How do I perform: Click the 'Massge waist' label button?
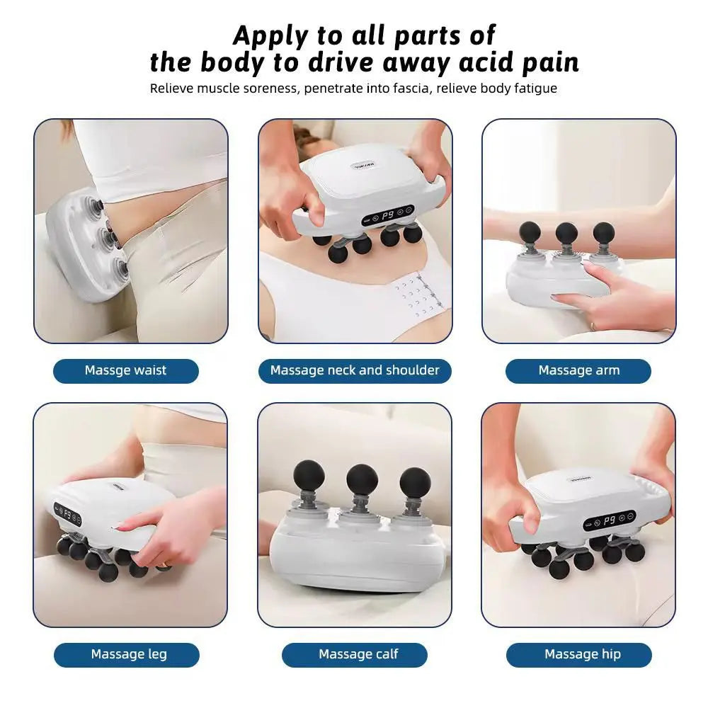click(x=126, y=370)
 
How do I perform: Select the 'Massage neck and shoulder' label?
click(x=355, y=370)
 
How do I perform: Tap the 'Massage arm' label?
click(x=578, y=370)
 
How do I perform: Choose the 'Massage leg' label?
click(x=129, y=654)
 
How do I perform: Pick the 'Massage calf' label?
click(x=358, y=654)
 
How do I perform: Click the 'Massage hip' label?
click(x=582, y=654)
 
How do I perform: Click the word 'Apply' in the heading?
click(x=273, y=35)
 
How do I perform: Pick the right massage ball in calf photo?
click(x=415, y=482)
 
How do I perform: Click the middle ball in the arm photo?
click(x=566, y=232)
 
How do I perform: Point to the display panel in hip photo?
click(x=609, y=520)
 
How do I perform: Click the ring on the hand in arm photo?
click(x=593, y=326)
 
